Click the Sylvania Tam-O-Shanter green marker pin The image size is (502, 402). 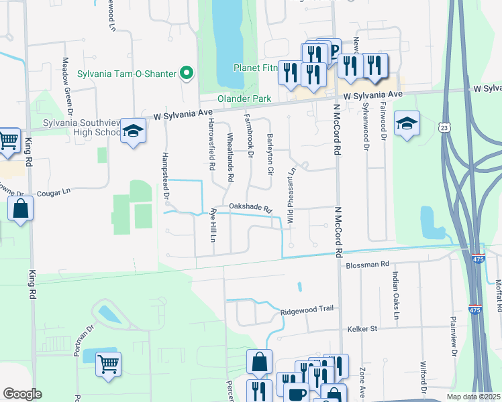point(187,74)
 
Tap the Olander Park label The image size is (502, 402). point(244,98)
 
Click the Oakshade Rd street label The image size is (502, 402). point(250,208)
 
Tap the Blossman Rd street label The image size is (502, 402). point(368,265)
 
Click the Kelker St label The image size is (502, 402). point(363,329)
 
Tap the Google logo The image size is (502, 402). point(22,394)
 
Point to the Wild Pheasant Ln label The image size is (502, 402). point(291,200)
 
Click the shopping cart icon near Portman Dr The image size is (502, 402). point(107,364)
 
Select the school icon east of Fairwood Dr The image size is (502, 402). point(407,124)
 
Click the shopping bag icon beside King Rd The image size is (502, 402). point(21,209)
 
